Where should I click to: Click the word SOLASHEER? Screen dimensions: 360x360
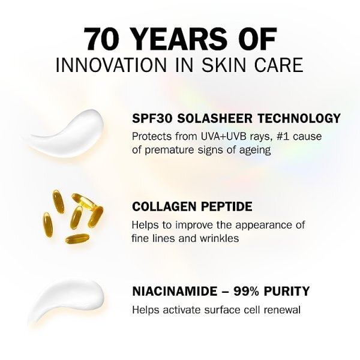point(208,118)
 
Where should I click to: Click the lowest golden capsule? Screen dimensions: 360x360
point(77,238)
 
